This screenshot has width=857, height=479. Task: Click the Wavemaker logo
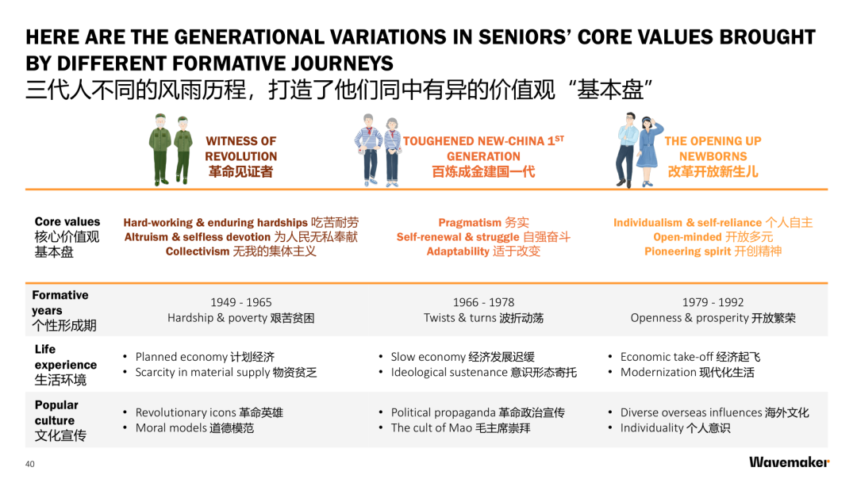point(789,462)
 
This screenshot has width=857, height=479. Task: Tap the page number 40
point(29,464)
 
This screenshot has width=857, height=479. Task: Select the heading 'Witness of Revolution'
point(241,148)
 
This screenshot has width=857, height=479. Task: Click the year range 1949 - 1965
point(241,302)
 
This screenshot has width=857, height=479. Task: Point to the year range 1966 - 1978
point(484,302)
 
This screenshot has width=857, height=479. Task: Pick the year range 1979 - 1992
point(713,302)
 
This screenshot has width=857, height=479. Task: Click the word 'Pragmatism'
point(470,222)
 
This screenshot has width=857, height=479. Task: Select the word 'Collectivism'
point(198,251)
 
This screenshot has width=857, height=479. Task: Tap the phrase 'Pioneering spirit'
point(687,251)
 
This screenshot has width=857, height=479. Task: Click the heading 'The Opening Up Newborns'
point(713,148)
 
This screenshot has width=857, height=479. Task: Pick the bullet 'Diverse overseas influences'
point(691,412)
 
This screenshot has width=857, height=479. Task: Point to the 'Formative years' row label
point(63,309)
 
